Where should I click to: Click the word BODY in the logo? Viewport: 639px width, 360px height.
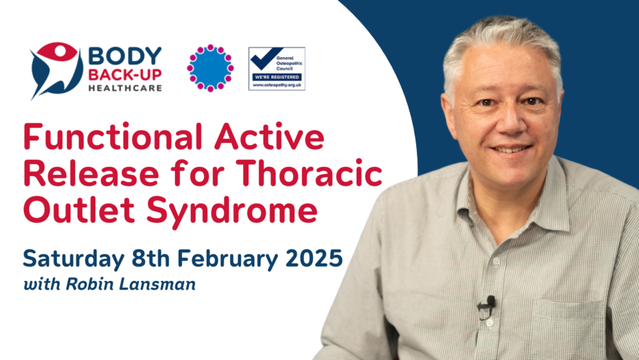125,56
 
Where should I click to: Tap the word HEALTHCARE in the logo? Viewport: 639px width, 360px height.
125,88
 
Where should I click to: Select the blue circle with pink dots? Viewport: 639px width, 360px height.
210,68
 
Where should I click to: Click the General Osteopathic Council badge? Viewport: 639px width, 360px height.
276,68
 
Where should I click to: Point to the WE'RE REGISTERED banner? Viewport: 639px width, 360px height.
276,77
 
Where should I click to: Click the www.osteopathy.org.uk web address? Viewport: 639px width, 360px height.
276,85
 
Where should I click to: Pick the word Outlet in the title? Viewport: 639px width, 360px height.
79,209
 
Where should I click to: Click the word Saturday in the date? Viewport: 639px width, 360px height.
74,258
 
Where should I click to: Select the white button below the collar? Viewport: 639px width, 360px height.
496,262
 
